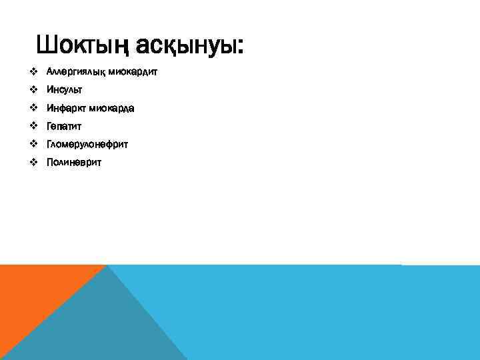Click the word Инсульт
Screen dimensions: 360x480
click(65, 89)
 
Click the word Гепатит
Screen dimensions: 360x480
click(64, 125)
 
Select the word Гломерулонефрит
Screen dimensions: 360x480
click(87, 144)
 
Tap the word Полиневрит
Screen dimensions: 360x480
click(74, 162)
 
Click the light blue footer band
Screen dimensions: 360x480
click(320, 313)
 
